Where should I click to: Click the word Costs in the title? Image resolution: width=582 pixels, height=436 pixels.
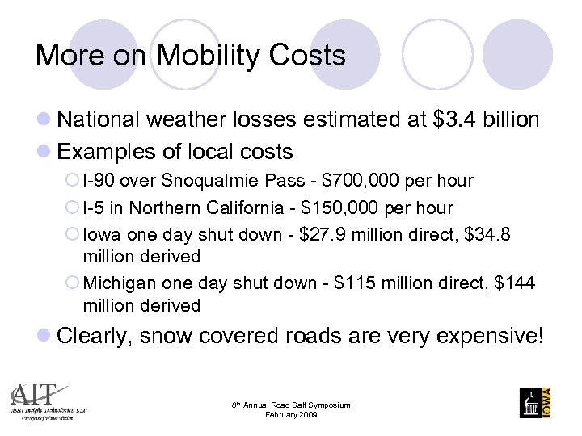(309, 56)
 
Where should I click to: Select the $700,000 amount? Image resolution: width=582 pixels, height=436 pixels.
(333, 180)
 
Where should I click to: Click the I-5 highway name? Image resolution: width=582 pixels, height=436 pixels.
(95, 208)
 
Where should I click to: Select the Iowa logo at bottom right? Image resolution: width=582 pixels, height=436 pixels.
(534, 401)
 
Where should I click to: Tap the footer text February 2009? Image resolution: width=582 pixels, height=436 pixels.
(291, 414)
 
